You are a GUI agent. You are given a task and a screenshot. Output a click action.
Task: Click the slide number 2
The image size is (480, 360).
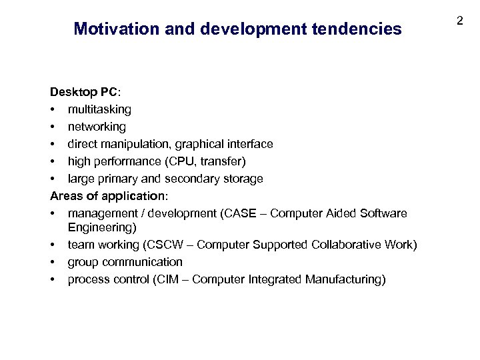[459, 21]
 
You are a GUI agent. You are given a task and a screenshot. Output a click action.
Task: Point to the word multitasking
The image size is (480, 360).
[99, 109]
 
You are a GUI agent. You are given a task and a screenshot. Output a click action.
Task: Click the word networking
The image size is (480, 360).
[97, 126]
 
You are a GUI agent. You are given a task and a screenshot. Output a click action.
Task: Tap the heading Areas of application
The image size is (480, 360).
[109, 196]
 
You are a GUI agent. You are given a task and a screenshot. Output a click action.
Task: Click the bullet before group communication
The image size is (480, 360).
[52, 263]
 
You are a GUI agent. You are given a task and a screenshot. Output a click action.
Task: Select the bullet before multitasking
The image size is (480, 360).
[52, 109]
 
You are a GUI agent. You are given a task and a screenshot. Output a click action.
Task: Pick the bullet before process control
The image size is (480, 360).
[52, 280]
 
